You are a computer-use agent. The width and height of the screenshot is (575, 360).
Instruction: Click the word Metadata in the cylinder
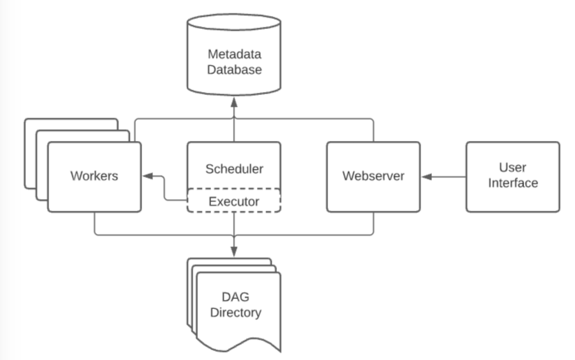click(x=234, y=54)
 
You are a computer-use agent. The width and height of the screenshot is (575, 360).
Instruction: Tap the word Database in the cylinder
click(x=234, y=69)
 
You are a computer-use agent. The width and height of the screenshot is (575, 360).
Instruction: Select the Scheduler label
click(x=234, y=169)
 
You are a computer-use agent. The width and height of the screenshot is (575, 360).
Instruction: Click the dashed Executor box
click(x=234, y=200)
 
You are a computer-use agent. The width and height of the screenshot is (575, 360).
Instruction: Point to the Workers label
click(x=94, y=175)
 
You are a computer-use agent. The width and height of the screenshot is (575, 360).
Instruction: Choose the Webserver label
click(x=373, y=175)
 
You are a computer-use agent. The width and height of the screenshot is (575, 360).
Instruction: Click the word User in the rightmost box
click(x=512, y=167)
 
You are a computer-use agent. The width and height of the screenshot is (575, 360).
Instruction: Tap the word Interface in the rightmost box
click(x=513, y=183)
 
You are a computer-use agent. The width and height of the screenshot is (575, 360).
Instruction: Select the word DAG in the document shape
click(x=236, y=296)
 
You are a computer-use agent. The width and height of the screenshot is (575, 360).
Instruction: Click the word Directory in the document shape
click(x=236, y=312)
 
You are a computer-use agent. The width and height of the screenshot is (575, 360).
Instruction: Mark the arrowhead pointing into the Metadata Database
click(x=234, y=102)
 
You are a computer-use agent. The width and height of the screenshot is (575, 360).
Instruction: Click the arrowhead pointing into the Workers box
click(x=148, y=176)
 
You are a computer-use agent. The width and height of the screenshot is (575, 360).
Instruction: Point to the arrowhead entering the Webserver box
click(x=427, y=177)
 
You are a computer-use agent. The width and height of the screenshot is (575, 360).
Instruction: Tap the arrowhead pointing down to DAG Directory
click(x=234, y=251)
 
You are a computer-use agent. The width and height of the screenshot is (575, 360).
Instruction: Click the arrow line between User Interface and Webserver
click(x=443, y=177)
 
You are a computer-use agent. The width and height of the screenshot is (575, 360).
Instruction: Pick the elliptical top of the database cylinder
click(x=234, y=22)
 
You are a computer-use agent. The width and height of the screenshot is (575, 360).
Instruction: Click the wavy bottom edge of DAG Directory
click(x=239, y=345)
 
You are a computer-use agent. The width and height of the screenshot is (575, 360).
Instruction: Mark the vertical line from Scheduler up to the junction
click(x=234, y=130)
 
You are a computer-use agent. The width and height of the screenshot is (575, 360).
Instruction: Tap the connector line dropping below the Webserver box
click(x=373, y=223)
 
